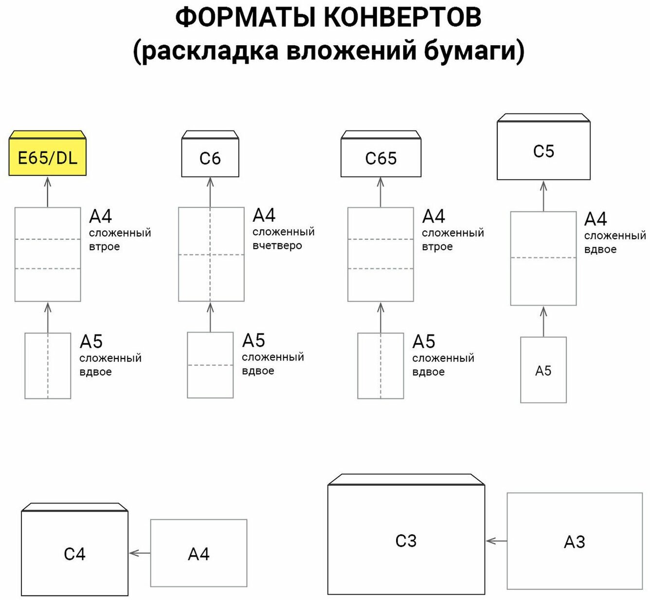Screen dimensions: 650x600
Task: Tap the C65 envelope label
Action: [380, 159]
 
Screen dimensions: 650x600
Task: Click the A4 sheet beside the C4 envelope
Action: [199, 553]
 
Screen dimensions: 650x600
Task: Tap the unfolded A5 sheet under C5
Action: [543, 370]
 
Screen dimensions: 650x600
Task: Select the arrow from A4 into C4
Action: [140, 553]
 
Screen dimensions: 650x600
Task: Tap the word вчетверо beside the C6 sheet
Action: [277, 245]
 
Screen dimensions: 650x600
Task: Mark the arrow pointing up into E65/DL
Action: [48, 192]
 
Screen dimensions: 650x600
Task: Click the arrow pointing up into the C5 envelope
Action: [543, 196]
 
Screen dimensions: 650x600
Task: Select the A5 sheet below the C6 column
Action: [210, 365]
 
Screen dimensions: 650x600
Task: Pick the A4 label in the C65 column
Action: [433, 216]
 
